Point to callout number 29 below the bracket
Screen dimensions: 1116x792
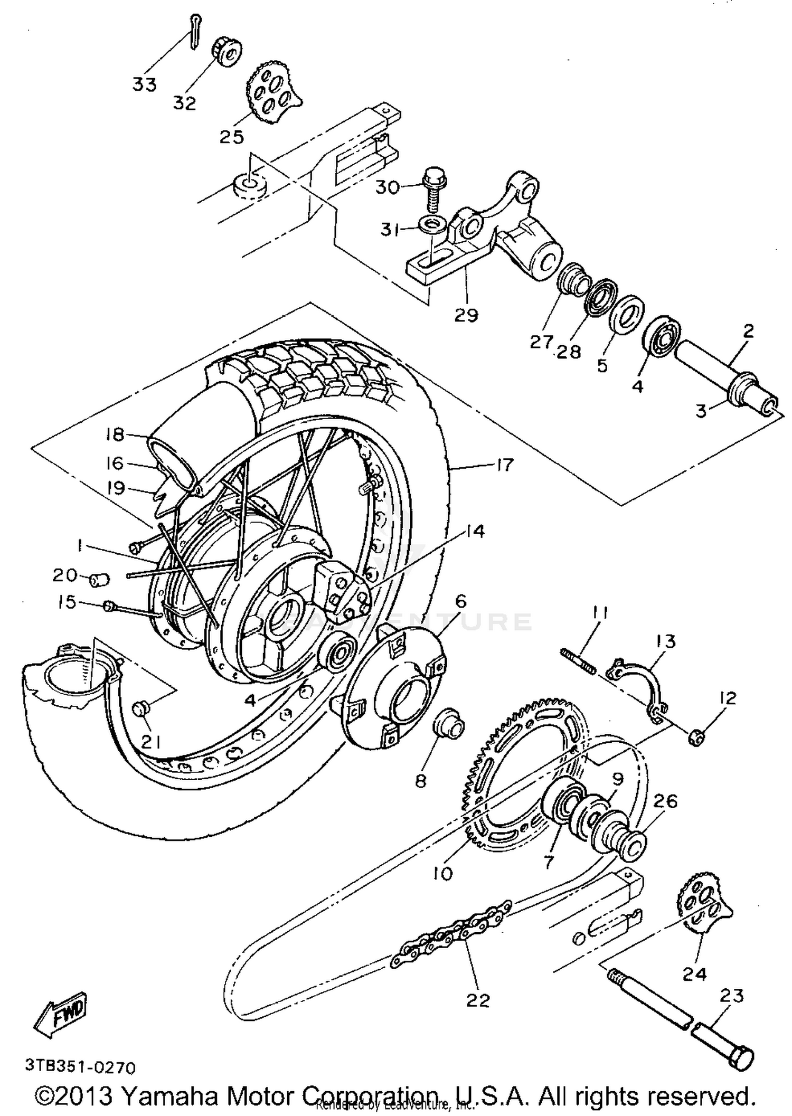[466, 315]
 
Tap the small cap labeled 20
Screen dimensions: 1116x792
[99, 580]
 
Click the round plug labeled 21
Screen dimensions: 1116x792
[141, 708]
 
